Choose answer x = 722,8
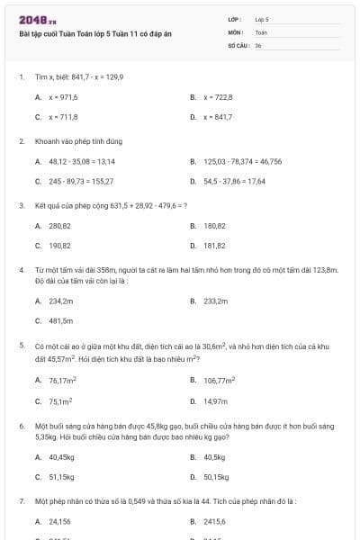tap(218, 96)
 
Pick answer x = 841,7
tap(218, 117)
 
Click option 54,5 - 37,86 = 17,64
tap(234, 181)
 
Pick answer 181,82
tap(214, 245)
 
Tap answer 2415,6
tap(215, 521)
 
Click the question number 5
tap(21, 345)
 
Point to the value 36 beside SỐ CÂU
tap(258, 45)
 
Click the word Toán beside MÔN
tap(261, 31)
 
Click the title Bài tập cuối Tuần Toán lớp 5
tap(94, 33)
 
